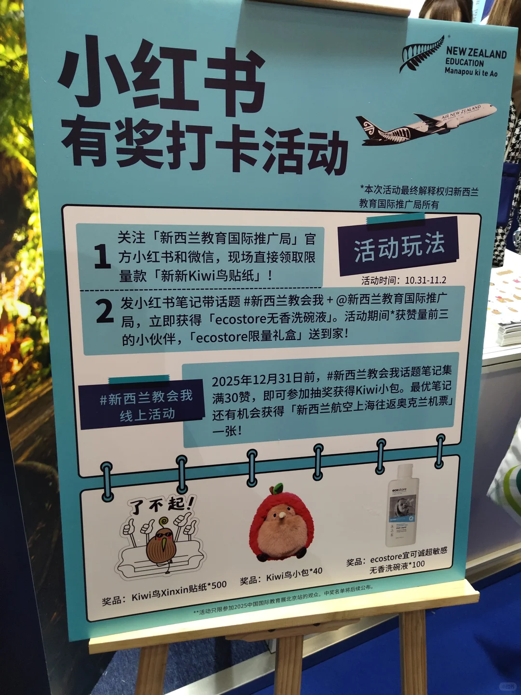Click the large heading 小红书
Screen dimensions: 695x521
tap(162, 77)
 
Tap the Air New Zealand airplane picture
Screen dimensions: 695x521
tap(425, 124)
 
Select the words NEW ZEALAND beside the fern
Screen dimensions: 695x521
tap(476, 52)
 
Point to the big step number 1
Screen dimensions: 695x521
tap(102, 256)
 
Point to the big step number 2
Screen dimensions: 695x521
tap(105, 311)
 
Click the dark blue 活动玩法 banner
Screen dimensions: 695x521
tap(398, 246)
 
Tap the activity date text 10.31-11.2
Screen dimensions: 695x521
tap(425, 280)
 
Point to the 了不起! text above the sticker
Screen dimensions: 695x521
tap(162, 505)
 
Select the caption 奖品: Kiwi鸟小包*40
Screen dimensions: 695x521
tap(281, 576)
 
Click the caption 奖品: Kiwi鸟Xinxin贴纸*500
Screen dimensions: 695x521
tap(164, 593)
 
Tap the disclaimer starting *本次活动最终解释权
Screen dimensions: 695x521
tap(418, 197)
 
